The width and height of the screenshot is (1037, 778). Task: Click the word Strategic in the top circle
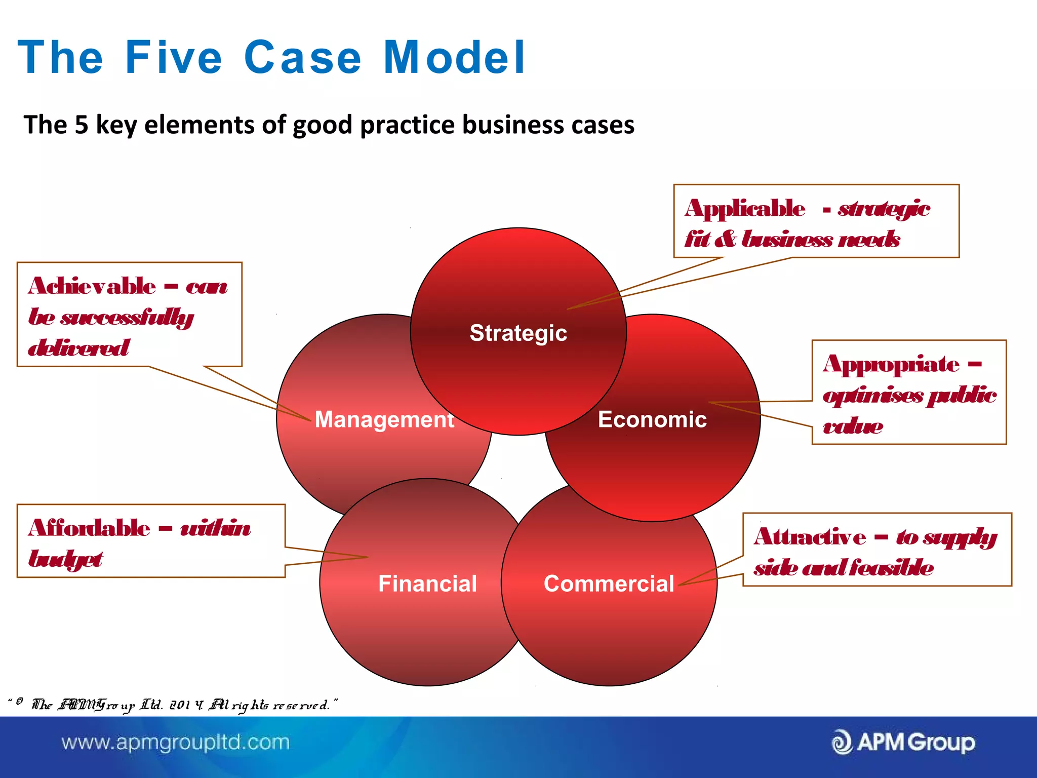(x=518, y=333)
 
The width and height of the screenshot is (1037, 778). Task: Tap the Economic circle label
(x=652, y=419)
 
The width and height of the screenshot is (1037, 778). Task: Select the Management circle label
(x=384, y=419)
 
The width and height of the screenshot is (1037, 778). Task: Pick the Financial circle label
(x=427, y=583)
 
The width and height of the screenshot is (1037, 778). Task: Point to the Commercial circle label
(x=609, y=583)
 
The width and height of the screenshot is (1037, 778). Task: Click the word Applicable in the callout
(x=745, y=208)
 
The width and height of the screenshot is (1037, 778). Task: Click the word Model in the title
(x=454, y=58)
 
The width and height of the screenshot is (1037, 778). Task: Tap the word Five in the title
(x=173, y=58)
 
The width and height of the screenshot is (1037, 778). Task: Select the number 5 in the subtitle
(x=82, y=125)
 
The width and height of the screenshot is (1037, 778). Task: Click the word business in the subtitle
(x=513, y=125)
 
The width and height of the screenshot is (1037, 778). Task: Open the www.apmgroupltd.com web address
(x=175, y=743)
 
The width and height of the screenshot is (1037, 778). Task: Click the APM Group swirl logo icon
(x=842, y=743)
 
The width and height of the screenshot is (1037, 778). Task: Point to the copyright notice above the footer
(x=172, y=705)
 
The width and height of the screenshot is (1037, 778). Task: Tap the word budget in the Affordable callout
(x=66, y=560)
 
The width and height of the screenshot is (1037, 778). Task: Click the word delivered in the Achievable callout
(x=78, y=348)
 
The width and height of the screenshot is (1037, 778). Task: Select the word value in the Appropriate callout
(x=853, y=426)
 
